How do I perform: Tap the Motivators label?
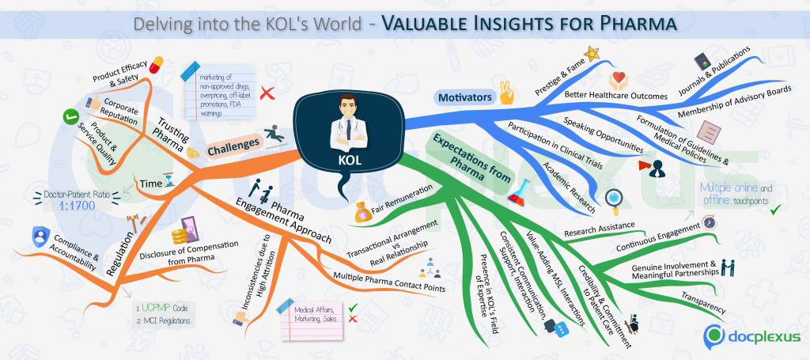(464, 97)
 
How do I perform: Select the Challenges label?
(233, 145)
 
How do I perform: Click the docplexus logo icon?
(715, 335)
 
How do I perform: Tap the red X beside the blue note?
(267, 93)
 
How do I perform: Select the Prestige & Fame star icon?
(591, 53)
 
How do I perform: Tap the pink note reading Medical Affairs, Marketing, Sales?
(312, 318)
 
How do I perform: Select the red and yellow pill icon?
(156, 63)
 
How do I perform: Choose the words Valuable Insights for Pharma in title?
(528, 24)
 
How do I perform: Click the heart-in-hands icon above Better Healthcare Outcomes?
(619, 80)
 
